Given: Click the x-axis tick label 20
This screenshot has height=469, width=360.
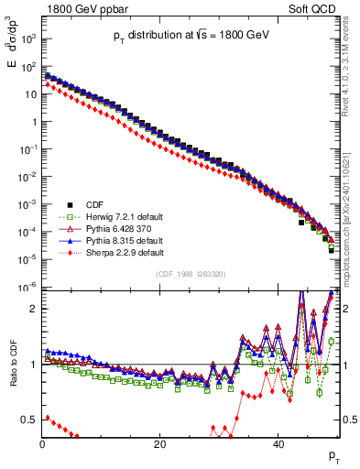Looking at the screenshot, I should (160, 442).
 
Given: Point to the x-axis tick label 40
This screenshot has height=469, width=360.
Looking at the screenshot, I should (278, 442).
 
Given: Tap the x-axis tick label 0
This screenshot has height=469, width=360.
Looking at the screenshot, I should (42, 442).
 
